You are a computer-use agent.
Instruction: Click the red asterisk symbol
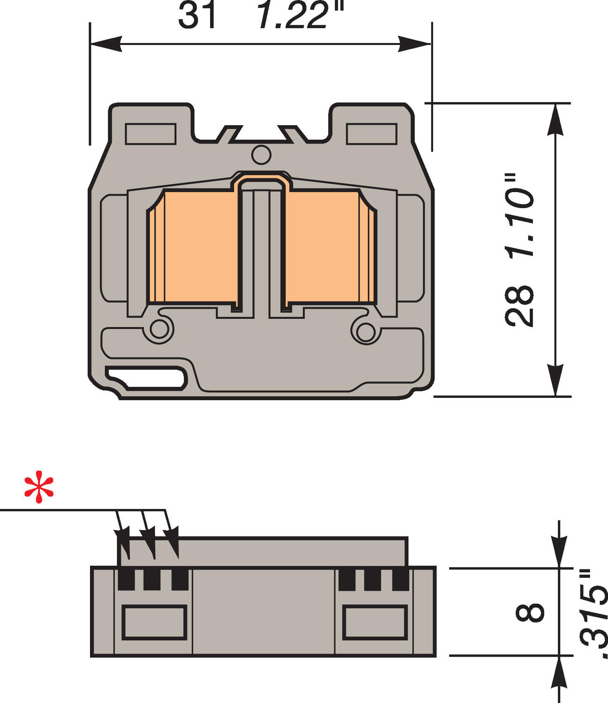(39, 489)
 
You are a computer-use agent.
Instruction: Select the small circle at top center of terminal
(261, 155)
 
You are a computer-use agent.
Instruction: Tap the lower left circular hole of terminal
(159, 329)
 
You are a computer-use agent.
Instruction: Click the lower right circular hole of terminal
(364, 331)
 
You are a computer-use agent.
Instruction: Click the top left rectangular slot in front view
(150, 134)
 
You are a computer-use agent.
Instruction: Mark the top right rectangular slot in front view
(371, 134)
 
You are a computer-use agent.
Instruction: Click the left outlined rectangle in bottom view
(154, 622)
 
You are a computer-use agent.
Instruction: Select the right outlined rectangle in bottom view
(375, 622)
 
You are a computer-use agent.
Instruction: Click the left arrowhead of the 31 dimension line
(105, 45)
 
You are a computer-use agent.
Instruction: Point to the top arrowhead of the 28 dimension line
(555, 119)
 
